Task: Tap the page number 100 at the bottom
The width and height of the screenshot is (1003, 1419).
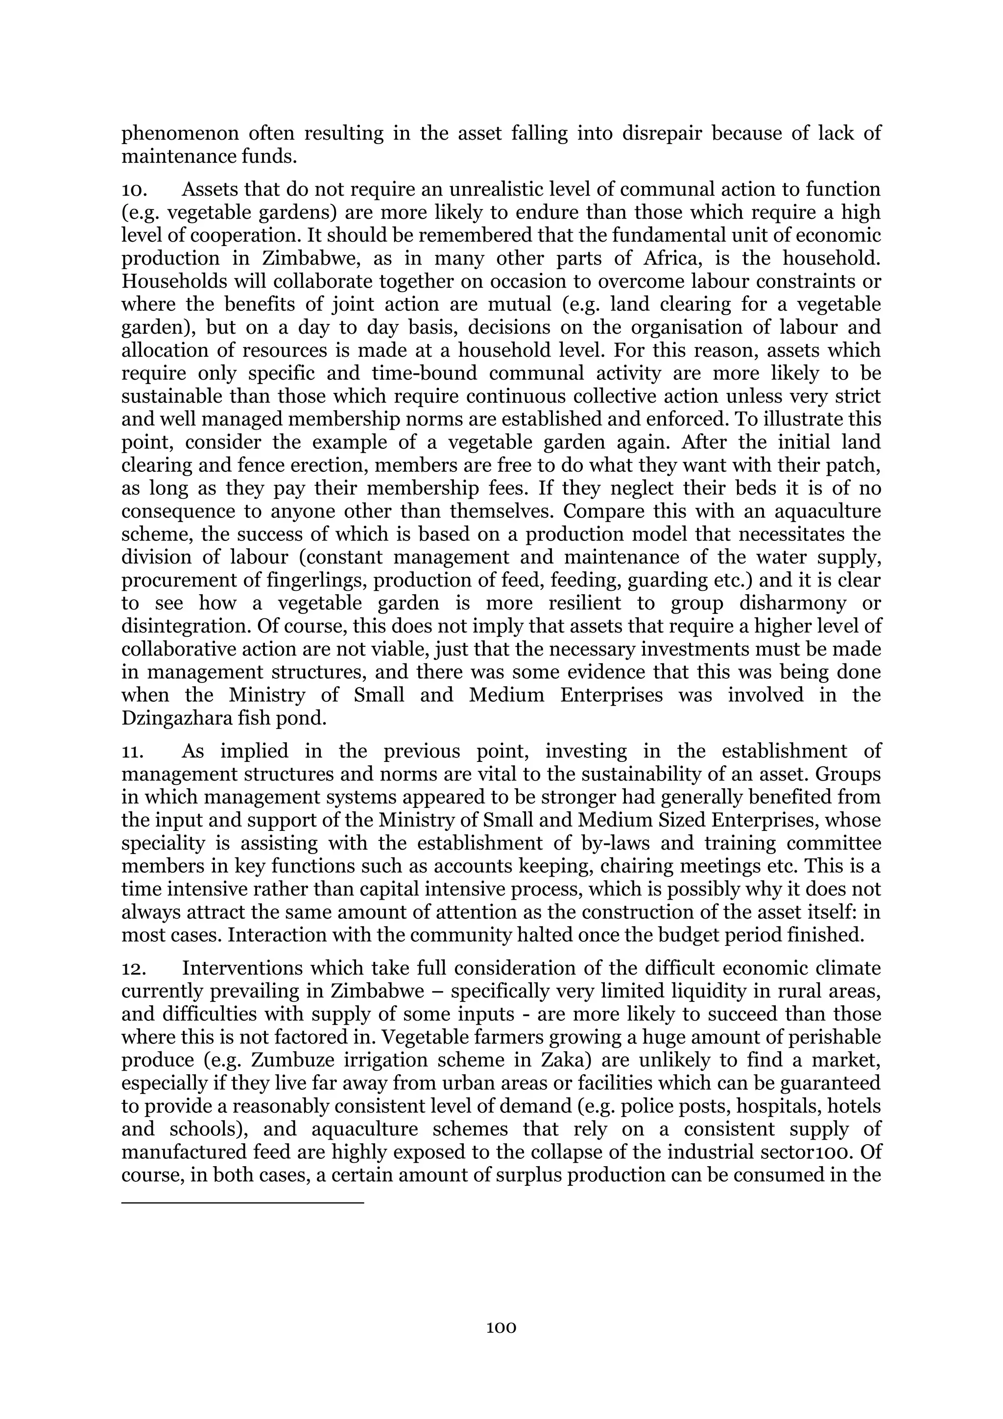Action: pos(501,1327)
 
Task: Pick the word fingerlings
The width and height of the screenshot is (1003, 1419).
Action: pos(295,580)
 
